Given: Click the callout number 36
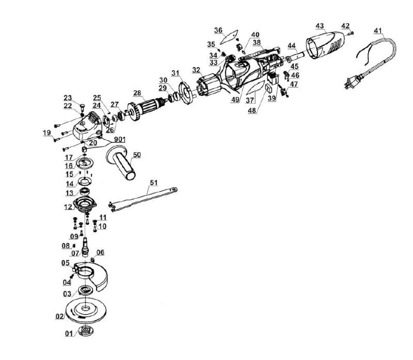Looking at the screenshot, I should point(218,30).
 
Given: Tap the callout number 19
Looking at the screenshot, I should point(47,133).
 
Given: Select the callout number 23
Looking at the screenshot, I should point(68,97).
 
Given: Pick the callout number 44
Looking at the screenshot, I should point(292,45).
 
